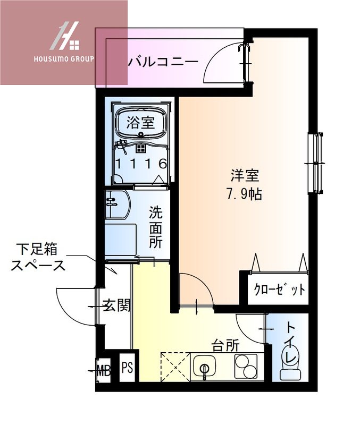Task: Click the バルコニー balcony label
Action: pyautogui.click(x=163, y=62)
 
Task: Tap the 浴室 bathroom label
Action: pyautogui.click(x=140, y=123)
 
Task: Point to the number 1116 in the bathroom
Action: pyautogui.click(x=141, y=164)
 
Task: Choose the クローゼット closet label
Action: pyautogui.click(x=279, y=290)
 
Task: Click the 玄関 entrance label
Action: pyautogui.click(x=116, y=306)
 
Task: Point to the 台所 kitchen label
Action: pyautogui.click(x=225, y=346)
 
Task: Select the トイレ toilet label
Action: pyautogui.click(x=292, y=343)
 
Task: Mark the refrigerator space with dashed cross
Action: pyautogui.click(x=174, y=367)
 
